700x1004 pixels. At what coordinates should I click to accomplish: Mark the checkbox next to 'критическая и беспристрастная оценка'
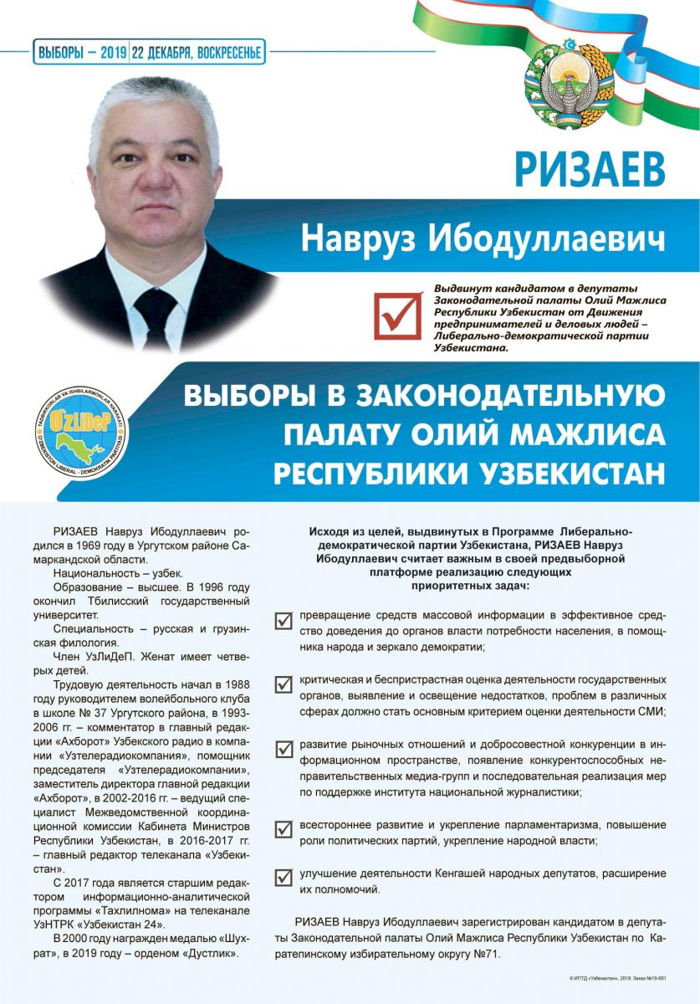coord(284,684)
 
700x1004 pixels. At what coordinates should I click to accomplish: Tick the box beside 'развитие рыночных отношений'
coord(284,747)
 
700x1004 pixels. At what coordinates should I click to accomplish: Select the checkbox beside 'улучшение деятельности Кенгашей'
coord(284,878)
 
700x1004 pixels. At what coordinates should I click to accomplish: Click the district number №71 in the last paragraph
coord(487,953)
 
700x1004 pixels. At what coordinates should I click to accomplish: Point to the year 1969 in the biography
coord(112,543)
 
